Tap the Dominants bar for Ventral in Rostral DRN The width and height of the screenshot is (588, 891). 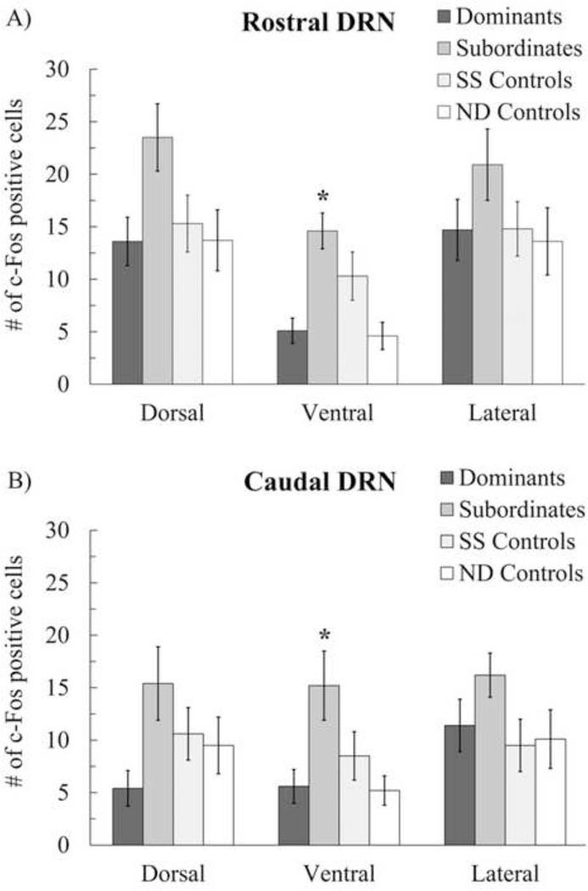(x=292, y=357)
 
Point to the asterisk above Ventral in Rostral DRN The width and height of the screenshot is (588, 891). (x=322, y=197)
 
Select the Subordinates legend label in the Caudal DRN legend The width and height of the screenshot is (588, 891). (x=521, y=510)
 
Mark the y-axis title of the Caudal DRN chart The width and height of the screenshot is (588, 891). (x=18, y=687)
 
